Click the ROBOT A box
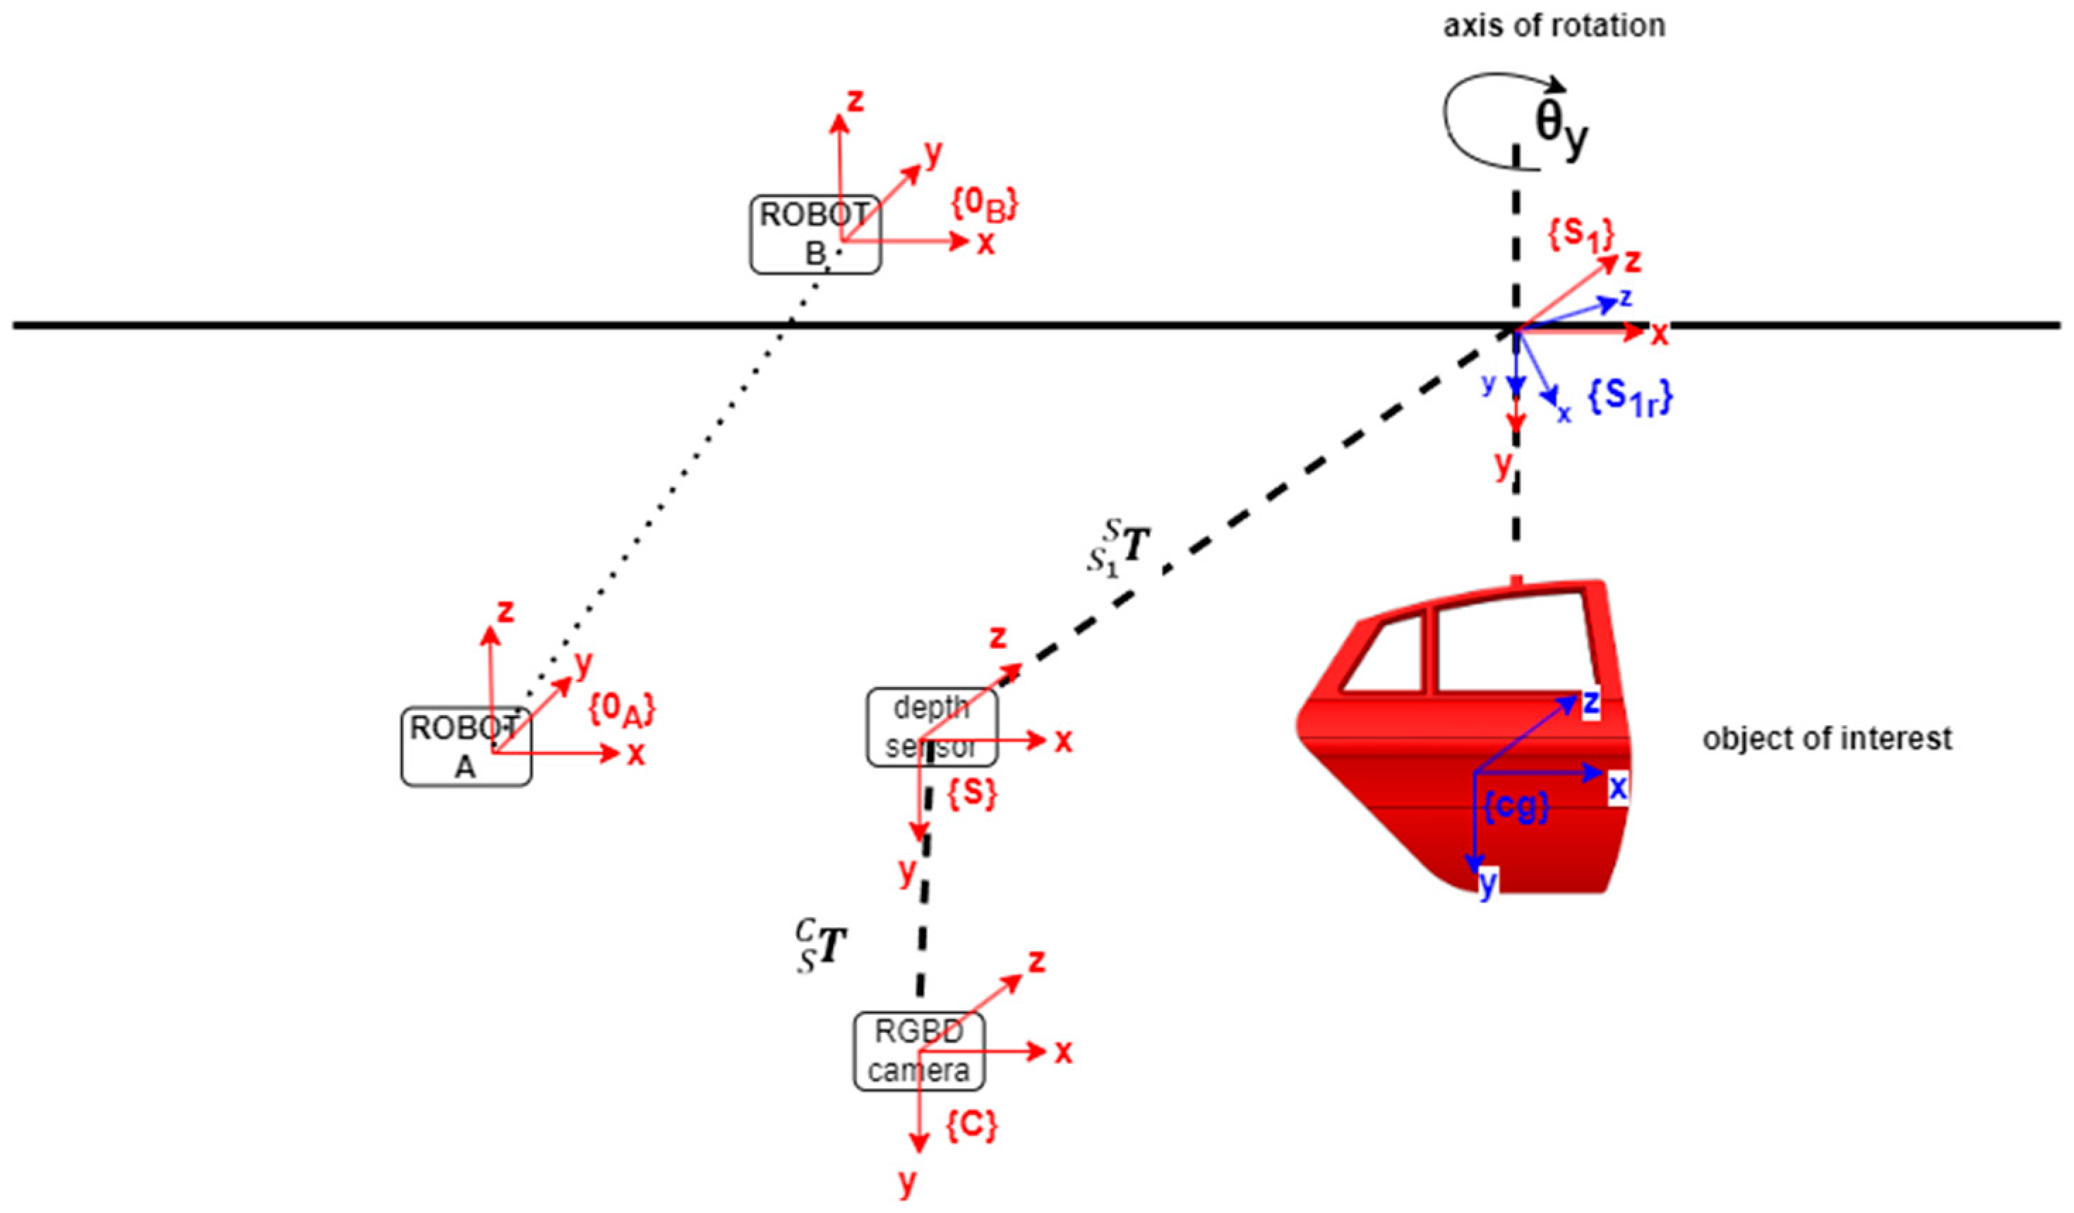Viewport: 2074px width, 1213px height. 466,746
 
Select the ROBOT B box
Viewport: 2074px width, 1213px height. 815,234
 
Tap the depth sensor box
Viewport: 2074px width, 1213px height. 932,727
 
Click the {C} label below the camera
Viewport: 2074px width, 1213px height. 971,1125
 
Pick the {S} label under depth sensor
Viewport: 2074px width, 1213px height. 972,794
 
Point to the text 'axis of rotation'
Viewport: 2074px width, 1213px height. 1554,26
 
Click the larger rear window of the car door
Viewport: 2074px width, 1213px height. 1513,646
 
